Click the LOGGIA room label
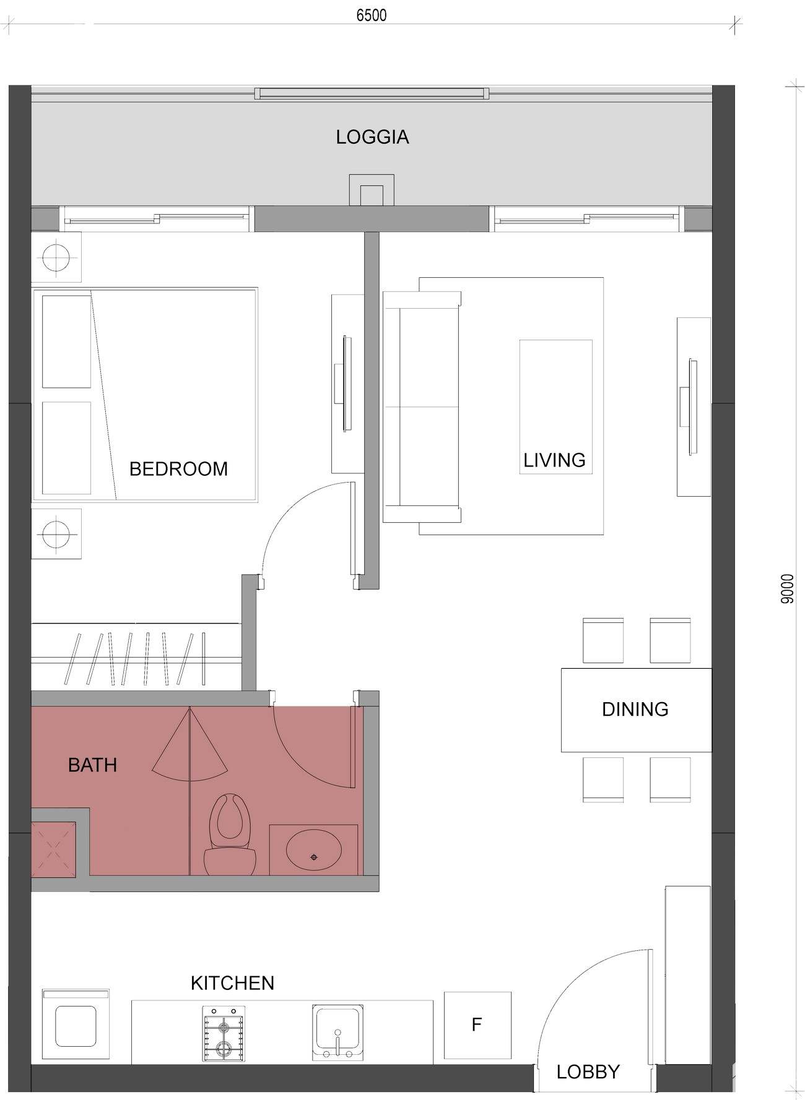(372, 137)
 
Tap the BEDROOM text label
(178, 469)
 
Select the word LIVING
(554, 460)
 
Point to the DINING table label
(635, 709)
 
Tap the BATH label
(92, 765)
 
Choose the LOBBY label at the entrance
(588, 1072)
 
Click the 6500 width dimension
(372, 15)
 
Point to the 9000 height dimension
(787, 588)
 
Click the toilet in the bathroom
(230, 835)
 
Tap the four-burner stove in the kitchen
(224, 1034)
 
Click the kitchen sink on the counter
(337, 1033)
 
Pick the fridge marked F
(477, 1025)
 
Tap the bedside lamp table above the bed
(56, 257)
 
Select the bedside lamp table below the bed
(56, 534)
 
